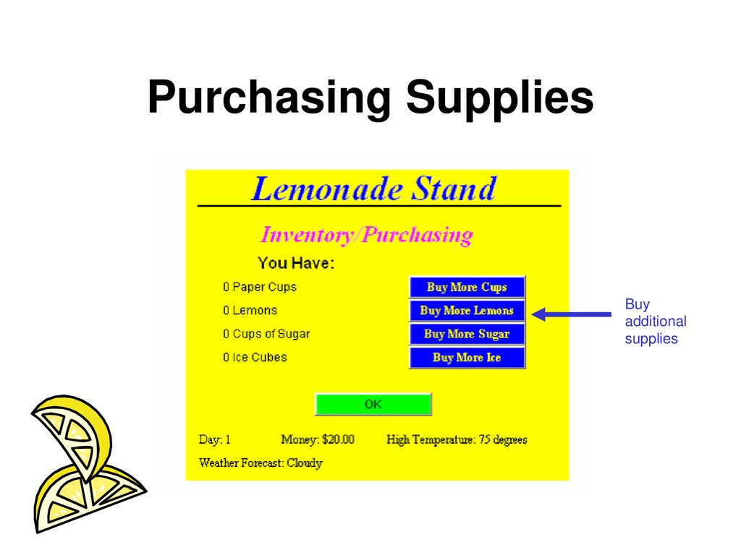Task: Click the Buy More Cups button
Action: click(467, 287)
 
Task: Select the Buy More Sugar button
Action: click(467, 334)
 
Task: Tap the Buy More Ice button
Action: click(467, 358)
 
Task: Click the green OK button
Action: click(373, 405)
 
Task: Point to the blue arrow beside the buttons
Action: click(572, 314)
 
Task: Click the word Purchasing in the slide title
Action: click(269, 97)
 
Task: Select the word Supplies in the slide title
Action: click(500, 97)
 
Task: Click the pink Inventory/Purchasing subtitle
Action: click(366, 235)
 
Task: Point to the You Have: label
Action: click(296, 263)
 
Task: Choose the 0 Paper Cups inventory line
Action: click(260, 287)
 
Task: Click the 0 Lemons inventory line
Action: click(250, 310)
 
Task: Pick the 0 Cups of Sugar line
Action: click(266, 334)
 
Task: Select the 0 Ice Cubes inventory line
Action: click(255, 357)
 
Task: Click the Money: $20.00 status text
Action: click(318, 439)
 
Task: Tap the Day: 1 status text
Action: click(214, 439)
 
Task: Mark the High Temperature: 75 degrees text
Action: click(457, 439)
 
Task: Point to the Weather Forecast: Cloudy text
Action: click(261, 463)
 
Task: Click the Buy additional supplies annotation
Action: click(656, 321)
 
